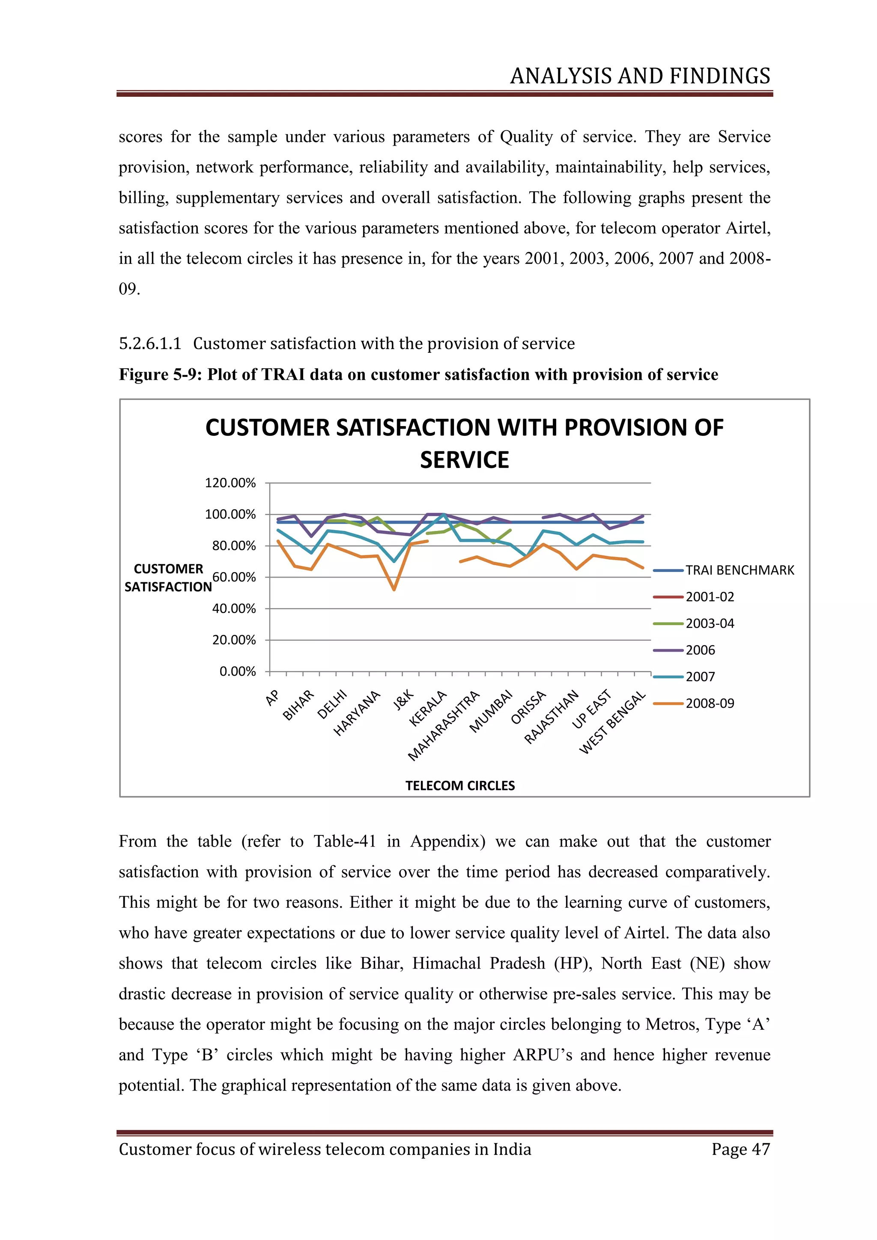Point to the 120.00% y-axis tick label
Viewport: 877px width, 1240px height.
[x=230, y=483]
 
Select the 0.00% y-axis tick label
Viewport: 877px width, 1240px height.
[x=238, y=671]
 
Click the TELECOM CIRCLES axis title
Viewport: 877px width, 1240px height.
[x=460, y=786]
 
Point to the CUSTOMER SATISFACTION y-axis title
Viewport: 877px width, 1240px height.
[x=168, y=578]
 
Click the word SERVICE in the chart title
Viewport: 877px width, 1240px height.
[x=465, y=460]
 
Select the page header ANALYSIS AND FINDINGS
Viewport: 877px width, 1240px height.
[x=640, y=76]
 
